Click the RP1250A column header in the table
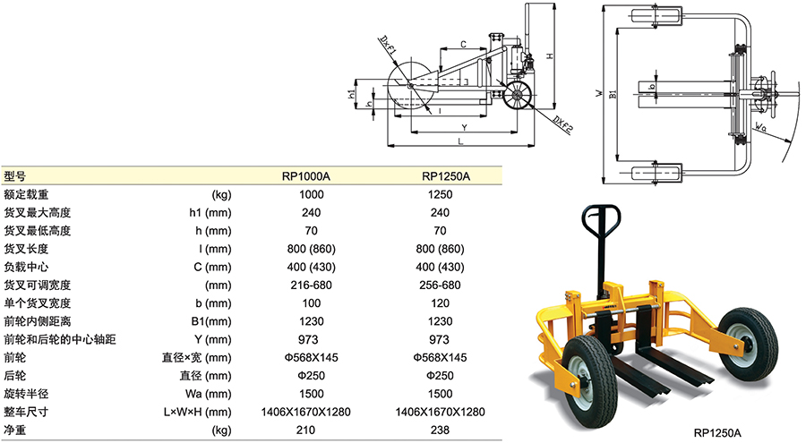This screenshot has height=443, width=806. pyautogui.click(x=440, y=176)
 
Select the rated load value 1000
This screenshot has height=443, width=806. pyautogui.click(x=312, y=194)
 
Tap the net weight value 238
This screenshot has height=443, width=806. pyautogui.click(x=440, y=430)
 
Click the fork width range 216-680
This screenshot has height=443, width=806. pyautogui.click(x=312, y=285)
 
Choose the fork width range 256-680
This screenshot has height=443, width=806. pyautogui.click(x=440, y=285)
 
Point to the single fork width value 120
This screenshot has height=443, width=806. pyautogui.click(x=440, y=303)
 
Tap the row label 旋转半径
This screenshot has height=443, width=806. pyautogui.click(x=26, y=394)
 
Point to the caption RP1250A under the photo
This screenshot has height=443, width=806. pyautogui.click(x=717, y=433)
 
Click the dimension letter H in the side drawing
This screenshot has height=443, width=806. pyautogui.click(x=549, y=55)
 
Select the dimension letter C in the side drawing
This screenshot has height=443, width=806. pyautogui.click(x=463, y=44)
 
